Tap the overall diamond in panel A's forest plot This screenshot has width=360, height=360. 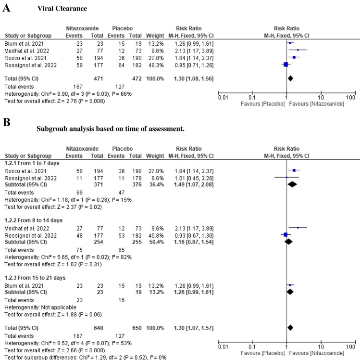(290, 77)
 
